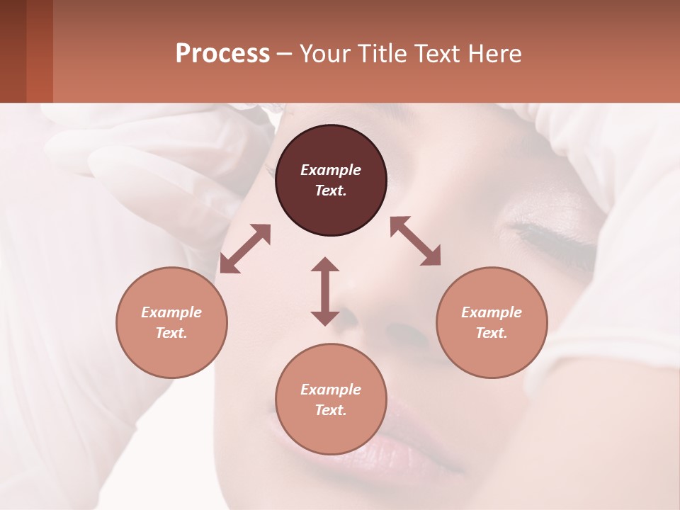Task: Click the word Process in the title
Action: (222, 54)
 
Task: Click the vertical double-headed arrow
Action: (325, 291)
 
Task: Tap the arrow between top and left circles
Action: (245, 249)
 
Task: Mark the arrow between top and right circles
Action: (416, 241)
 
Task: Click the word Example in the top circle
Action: (331, 170)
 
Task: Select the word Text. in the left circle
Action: (171, 333)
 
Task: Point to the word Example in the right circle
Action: (492, 312)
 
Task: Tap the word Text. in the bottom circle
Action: (331, 410)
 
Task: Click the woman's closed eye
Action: (552, 237)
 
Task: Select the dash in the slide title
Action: (284, 54)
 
